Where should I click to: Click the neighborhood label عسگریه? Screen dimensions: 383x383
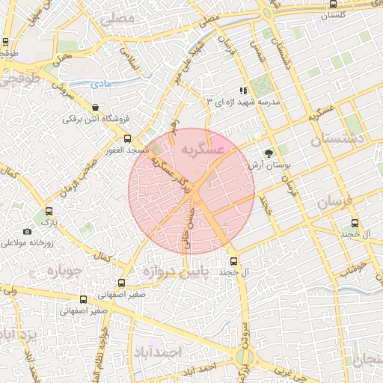tap(204, 150)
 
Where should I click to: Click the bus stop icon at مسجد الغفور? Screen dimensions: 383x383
tap(127, 138)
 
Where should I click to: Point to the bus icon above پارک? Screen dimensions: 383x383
tap(49, 211)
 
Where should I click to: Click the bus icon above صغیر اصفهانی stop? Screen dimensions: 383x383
tap(122, 282)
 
